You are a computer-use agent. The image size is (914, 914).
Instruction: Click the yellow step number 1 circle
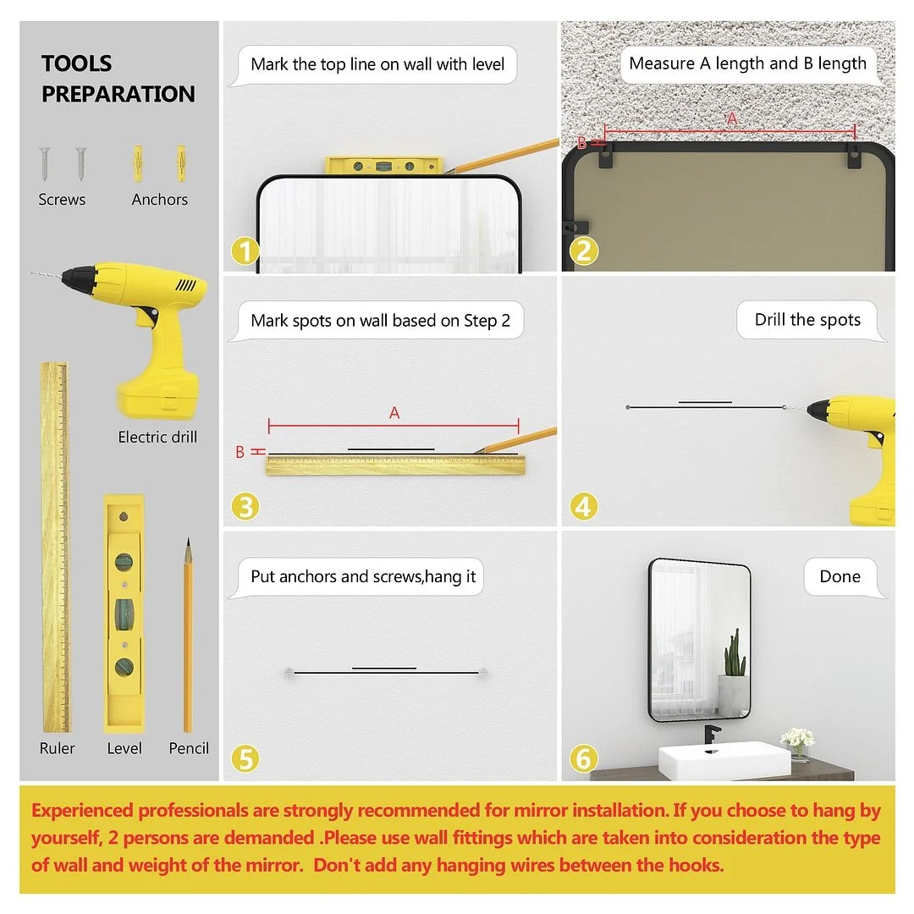click(x=245, y=251)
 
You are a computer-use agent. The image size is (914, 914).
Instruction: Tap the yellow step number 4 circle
click(x=583, y=507)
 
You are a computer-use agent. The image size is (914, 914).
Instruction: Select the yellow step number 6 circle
click(x=583, y=759)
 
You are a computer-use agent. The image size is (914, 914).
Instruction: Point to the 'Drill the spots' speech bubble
click(x=810, y=320)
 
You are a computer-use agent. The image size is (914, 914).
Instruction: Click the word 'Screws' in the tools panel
click(x=62, y=200)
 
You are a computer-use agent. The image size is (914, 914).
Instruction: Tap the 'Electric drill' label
click(x=157, y=437)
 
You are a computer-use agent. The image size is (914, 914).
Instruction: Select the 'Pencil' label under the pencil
click(x=189, y=748)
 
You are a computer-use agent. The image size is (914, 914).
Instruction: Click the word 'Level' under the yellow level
click(x=124, y=748)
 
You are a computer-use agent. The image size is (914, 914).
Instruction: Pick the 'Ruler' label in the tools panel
click(x=58, y=748)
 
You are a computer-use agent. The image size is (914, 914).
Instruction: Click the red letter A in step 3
click(x=394, y=413)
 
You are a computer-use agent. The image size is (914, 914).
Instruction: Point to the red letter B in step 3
click(x=240, y=452)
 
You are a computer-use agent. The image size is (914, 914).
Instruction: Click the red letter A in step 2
click(x=732, y=119)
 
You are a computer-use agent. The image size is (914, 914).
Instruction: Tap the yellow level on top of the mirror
click(x=384, y=166)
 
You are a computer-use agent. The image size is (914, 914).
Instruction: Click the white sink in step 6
click(x=724, y=761)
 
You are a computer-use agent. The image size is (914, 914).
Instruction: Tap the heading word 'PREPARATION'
click(x=118, y=94)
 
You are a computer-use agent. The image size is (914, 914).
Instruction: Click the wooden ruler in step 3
click(x=396, y=465)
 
